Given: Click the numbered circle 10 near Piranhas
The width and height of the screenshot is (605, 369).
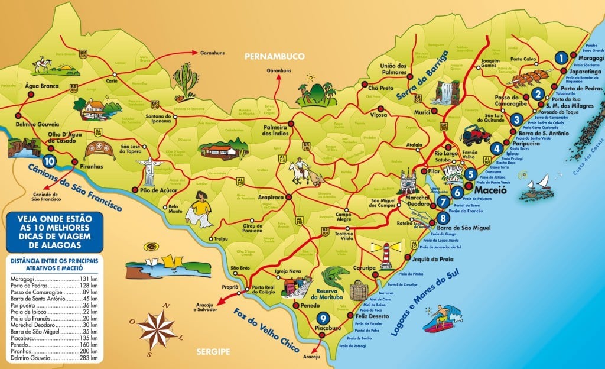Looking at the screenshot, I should click(49, 160).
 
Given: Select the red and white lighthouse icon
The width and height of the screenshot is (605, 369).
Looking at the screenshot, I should click(385, 255).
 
